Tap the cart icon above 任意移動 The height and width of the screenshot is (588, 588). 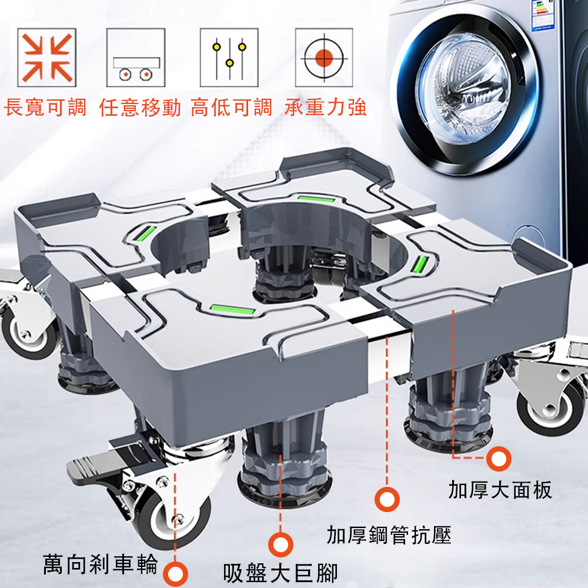click(x=135, y=57)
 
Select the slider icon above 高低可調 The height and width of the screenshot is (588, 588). click(x=229, y=57)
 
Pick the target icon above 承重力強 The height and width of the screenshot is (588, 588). click(x=323, y=57)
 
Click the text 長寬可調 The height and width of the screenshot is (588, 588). click(x=45, y=108)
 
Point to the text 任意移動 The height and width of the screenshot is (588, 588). click(x=140, y=108)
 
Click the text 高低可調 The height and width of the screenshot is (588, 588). click(x=232, y=108)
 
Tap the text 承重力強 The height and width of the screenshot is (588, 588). click(x=325, y=108)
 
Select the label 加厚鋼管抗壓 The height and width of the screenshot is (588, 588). click(x=389, y=535)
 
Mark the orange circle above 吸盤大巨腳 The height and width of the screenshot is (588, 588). click(x=280, y=544)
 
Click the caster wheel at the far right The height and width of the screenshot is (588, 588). click(x=550, y=406)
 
